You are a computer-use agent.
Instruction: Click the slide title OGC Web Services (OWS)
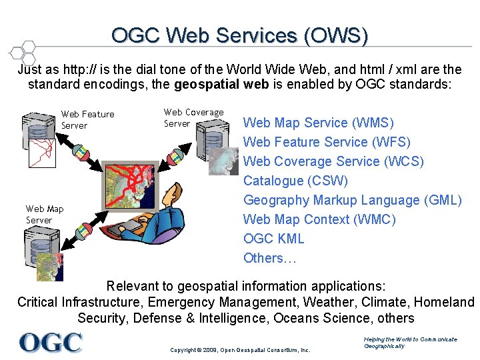click(x=239, y=35)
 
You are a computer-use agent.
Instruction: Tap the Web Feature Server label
click(x=87, y=119)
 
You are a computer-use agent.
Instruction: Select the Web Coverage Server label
click(x=193, y=117)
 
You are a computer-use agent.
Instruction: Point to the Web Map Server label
click(x=45, y=214)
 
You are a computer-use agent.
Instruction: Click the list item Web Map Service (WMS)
click(x=319, y=123)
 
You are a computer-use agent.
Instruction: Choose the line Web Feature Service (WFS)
click(x=327, y=142)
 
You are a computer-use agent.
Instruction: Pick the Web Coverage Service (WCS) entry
click(x=333, y=161)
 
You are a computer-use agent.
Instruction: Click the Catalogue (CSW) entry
click(x=295, y=181)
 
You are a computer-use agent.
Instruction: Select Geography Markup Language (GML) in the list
click(x=352, y=200)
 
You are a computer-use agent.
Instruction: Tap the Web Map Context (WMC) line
click(x=319, y=219)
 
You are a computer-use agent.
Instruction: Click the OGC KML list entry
click(x=273, y=239)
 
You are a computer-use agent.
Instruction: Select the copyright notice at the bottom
click(x=240, y=349)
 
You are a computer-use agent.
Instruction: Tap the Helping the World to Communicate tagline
click(x=410, y=343)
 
